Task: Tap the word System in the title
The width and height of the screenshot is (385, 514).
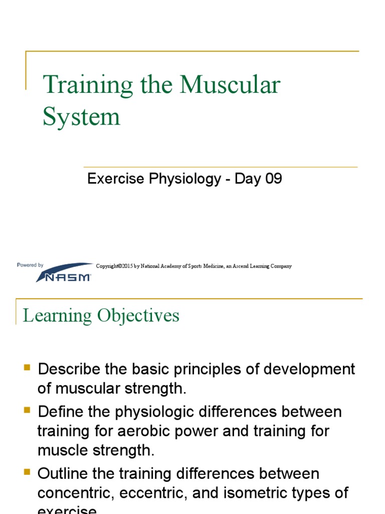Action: pyautogui.click(x=81, y=116)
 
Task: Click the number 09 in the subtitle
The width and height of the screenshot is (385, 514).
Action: pyautogui.click(x=274, y=179)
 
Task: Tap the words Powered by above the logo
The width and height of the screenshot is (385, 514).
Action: pyautogui.click(x=30, y=265)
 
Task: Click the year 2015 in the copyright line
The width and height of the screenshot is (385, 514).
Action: pyautogui.click(x=126, y=266)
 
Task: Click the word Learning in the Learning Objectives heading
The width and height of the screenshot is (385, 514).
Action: pyautogui.click(x=58, y=316)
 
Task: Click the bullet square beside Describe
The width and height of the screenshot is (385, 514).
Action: pyautogui.click(x=28, y=368)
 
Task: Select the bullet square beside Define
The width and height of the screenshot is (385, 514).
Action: pyautogui.click(x=28, y=411)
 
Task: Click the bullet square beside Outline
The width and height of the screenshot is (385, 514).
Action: pyautogui.click(x=28, y=472)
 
